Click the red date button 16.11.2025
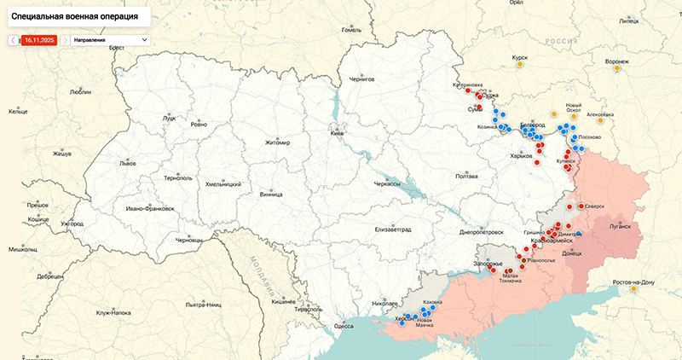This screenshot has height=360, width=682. (39, 39)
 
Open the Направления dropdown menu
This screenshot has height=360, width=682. (110, 39)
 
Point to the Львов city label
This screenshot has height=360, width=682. (127, 162)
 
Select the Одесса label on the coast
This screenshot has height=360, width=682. (344, 326)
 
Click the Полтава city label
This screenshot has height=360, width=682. (466, 176)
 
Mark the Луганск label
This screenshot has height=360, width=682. (619, 227)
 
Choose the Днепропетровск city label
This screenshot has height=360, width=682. (482, 231)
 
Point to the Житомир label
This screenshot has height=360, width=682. (278, 142)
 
